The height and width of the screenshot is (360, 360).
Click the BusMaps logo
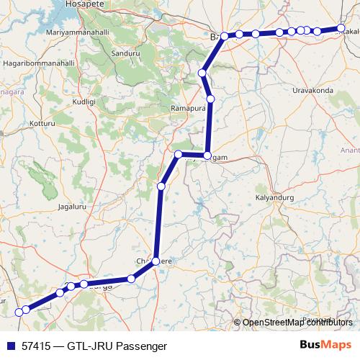click(325, 346)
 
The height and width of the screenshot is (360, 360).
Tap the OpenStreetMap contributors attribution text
click(297, 322)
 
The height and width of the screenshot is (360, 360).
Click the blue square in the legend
click(9, 346)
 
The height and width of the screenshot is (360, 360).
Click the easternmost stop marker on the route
click(341, 29)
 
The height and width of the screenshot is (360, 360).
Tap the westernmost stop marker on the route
click(19, 312)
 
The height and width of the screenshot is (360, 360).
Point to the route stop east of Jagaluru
click(161, 186)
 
